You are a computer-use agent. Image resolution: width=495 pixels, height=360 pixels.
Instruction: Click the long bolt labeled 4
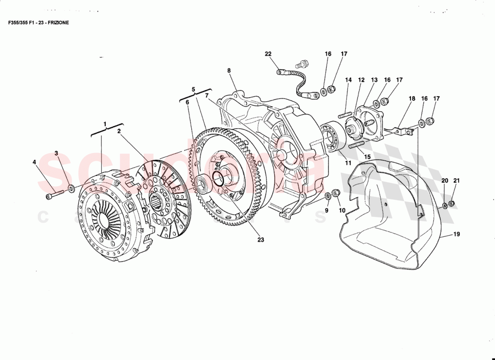pyautogui.click(x=54, y=196)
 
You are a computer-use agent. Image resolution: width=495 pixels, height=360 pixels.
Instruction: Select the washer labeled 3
pyautogui.click(x=71, y=187)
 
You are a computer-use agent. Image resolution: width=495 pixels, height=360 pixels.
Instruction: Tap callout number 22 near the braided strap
pyautogui.click(x=268, y=54)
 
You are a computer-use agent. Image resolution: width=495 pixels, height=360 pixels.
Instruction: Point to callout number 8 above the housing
pyautogui.click(x=229, y=71)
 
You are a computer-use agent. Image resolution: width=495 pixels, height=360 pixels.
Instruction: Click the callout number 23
pyautogui.click(x=261, y=240)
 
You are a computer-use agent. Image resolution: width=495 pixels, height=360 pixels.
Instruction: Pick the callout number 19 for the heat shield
pyautogui.click(x=456, y=234)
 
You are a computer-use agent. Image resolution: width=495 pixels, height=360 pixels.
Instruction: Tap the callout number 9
pyautogui.click(x=327, y=210)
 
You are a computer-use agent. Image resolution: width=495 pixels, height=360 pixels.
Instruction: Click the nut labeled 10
pyautogui.click(x=336, y=194)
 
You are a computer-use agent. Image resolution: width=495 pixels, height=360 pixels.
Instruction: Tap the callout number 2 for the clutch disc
pyautogui.click(x=119, y=131)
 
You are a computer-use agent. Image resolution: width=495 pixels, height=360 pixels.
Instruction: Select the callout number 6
pyautogui.click(x=187, y=103)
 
